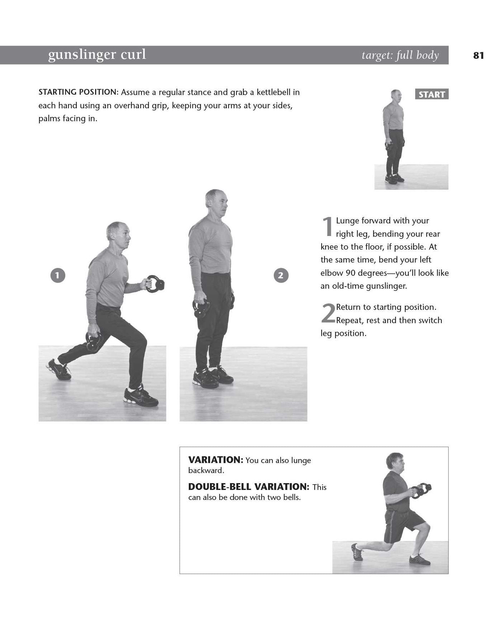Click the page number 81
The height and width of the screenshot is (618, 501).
pyautogui.click(x=479, y=55)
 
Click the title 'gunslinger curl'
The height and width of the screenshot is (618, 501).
pyautogui.click(x=97, y=55)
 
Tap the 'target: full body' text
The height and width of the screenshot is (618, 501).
pyautogui.click(x=400, y=55)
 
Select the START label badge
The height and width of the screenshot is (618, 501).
pyautogui.click(x=432, y=94)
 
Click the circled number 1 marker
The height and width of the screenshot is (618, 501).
pyautogui.click(x=58, y=275)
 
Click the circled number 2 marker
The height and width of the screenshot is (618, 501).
pyautogui.click(x=281, y=275)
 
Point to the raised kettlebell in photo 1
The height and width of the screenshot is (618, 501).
pyautogui.click(x=155, y=284)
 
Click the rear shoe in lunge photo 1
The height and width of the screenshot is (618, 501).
pyautogui.click(x=59, y=369)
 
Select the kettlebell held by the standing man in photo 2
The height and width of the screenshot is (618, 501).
pyautogui.click(x=201, y=308)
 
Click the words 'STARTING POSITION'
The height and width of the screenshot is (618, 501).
pyautogui.click(x=78, y=92)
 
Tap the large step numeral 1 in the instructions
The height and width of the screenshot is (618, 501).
pyautogui.click(x=327, y=227)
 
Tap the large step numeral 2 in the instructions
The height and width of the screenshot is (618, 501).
pyautogui.click(x=328, y=313)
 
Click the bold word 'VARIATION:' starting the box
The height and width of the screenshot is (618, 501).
pyautogui.click(x=216, y=460)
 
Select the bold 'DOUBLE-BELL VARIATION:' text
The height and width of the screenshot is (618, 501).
pyautogui.click(x=249, y=487)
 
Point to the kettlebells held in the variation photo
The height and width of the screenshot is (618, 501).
pyautogui.click(x=421, y=490)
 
